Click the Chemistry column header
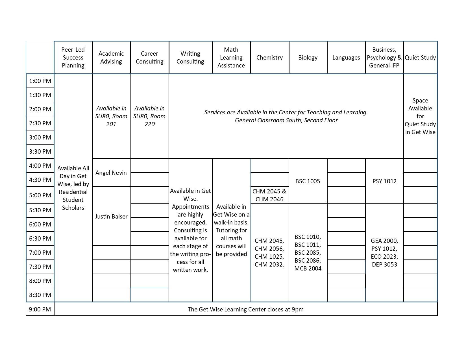pyautogui.click(x=269, y=58)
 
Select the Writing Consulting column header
pyautogui.click(x=190, y=58)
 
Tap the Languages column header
pyautogui.click(x=346, y=58)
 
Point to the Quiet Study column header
pyautogui.click(x=420, y=58)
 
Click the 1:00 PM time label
pyautogui.click(x=40, y=81)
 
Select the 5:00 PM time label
pyautogui.click(x=40, y=195)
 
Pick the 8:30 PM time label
pyautogui.click(x=40, y=295)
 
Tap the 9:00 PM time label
pyautogui.click(x=40, y=309)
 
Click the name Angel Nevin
pyautogui.click(x=111, y=173)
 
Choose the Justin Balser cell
pyautogui.click(x=111, y=217)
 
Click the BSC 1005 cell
pyautogui.click(x=308, y=181)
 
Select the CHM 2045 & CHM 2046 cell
pyautogui.click(x=269, y=195)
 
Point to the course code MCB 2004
pyautogui.click(x=308, y=269)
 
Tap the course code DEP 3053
pyautogui.click(x=384, y=265)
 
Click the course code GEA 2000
pyautogui.click(x=384, y=241)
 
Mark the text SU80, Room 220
pyautogui.click(x=149, y=120)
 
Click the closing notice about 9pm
pyautogui.click(x=245, y=309)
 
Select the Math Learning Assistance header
pyautogui.click(x=231, y=58)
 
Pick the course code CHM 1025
pyautogui.click(x=269, y=257)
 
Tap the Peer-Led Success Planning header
pyautogui.click(x=73, y=58)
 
